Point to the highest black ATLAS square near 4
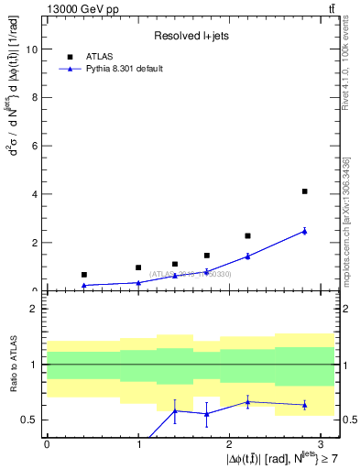[304, 191]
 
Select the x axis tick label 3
[321, 443]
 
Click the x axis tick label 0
[47, 443]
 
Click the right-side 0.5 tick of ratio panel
[347, 420]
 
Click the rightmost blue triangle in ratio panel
[304, 404]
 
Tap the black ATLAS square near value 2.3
[247, 235]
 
